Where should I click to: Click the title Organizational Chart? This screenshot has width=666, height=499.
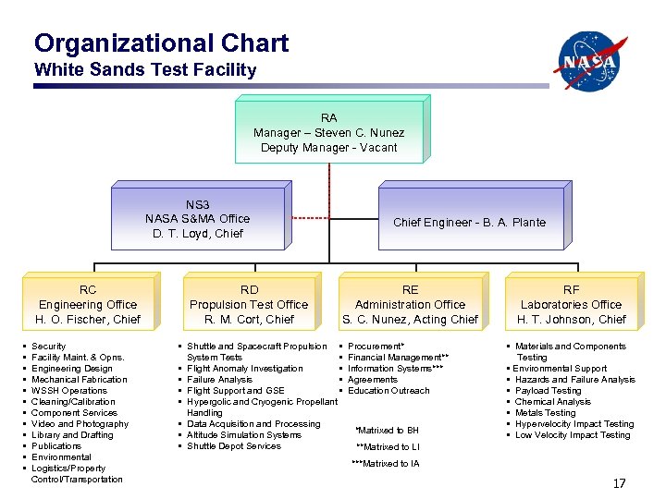click(161, 43)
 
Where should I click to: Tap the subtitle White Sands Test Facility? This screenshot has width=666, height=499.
click(144, 70)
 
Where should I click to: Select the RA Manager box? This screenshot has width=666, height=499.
click(328, 132)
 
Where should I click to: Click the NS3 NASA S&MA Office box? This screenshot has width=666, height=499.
click(197, 219)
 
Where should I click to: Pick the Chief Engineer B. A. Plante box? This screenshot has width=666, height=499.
click(469, 222)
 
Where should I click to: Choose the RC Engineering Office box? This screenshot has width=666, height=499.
click(88, 304)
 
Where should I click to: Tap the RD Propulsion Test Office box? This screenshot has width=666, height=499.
click(249, 304)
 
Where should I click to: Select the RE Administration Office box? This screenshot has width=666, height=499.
click(410, 304)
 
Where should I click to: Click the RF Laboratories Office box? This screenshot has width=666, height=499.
click(571, 304)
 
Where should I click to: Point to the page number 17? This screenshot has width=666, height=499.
click(619, 484)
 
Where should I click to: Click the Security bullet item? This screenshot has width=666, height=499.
click(48, 347)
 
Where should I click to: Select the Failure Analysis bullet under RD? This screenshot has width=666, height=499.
click(219, 380)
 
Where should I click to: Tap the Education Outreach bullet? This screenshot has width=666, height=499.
click(388, 391)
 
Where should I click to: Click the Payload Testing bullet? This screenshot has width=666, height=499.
click(548, 391)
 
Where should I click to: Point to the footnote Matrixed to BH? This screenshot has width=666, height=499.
click(387, 431)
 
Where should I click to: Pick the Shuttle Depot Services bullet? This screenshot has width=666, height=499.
click(233, 446)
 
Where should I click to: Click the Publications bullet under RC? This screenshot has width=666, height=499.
click(56, 446)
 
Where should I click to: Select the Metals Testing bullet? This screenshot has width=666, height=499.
click(545, 413)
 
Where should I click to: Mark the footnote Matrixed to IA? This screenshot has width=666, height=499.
click(385, 464)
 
